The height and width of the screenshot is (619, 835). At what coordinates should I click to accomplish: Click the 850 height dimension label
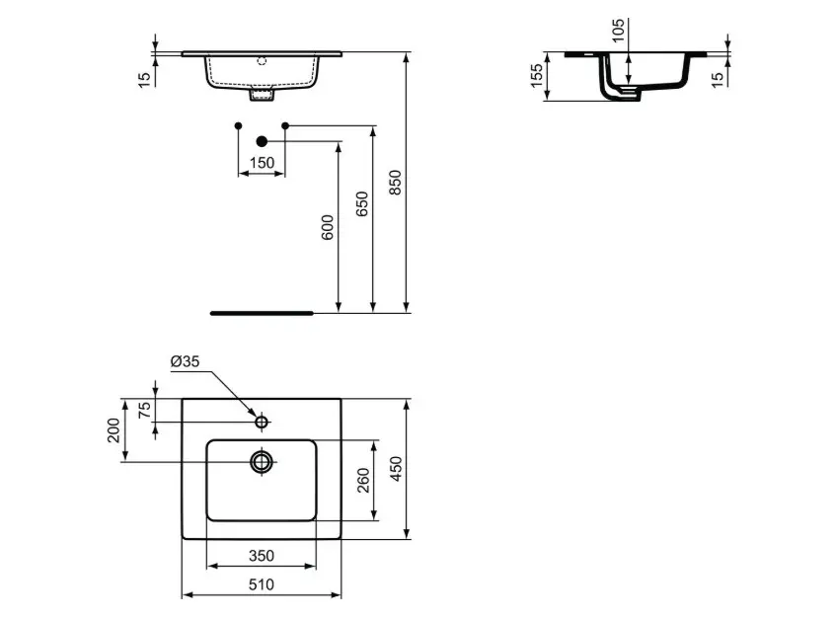(x=395, y=183)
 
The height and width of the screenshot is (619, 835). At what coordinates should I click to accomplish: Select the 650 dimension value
(x=361, y=204)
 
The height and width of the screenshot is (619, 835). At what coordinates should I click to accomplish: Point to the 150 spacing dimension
(x=262, y=163)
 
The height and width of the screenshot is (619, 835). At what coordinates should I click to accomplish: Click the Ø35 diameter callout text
(x=185, y=362)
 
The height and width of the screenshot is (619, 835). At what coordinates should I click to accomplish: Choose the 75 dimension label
(x=145, y=411)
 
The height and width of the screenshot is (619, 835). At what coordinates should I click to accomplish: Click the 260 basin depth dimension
(x=364, y=480)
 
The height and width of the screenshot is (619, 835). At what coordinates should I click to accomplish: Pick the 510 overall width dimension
(x=262, y=584)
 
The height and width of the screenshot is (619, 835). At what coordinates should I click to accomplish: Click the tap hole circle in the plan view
(x=262, y=423)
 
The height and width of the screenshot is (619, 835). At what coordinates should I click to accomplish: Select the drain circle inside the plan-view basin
(x=262, y=461)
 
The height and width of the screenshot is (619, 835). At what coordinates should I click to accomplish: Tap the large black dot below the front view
(x=262, y=141)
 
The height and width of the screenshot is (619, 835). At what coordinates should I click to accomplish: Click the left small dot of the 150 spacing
(x=238, y=125)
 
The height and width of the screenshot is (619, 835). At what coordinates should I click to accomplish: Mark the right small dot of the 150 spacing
(x=285, y=125)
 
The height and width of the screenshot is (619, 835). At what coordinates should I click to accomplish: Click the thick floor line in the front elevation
(x=262, y=312)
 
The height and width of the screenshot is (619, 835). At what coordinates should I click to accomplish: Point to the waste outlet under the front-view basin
(x=263, y=96)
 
